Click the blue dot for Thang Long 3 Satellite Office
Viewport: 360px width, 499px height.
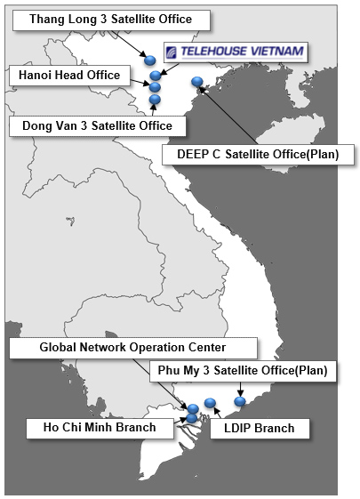150,60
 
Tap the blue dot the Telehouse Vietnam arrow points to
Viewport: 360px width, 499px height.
156,76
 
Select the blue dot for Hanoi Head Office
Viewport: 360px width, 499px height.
155,86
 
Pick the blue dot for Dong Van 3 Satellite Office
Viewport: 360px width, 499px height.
155,100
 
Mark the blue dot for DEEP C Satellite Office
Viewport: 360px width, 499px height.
197,82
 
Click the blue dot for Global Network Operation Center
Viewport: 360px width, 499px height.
193,408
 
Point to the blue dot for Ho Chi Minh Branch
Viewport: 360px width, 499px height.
191,418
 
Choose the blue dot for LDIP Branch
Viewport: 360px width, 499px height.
210,403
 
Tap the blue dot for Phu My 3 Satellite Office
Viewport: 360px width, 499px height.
240,401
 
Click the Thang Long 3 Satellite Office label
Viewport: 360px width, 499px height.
111,20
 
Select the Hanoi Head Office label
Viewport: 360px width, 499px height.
69,76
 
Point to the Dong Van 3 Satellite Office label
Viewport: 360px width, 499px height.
98,126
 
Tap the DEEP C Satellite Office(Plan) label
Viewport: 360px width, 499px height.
258,155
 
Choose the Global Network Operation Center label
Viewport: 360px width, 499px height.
133,348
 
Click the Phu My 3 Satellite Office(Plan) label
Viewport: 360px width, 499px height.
243,371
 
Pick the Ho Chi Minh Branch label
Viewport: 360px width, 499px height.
100,428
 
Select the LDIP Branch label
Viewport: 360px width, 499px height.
260,429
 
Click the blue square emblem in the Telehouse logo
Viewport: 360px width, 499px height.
172,52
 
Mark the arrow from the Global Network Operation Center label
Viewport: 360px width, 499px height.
160,383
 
